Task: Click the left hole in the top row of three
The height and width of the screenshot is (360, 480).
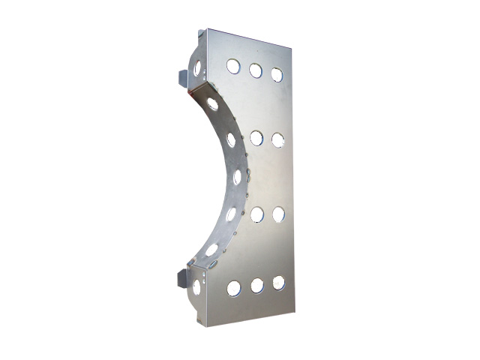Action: click(233, 67)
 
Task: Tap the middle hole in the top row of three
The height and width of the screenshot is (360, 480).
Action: click(256, 70)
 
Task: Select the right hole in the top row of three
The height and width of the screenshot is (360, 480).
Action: click(277, 74)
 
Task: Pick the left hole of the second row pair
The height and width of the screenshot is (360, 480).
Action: click(256, 138)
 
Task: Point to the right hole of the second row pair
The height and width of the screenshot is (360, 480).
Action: click(278, 139)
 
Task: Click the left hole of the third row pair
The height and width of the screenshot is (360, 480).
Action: click(256, 214)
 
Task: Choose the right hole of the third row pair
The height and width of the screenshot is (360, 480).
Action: click(278, 214)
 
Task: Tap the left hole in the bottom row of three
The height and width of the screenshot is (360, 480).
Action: click(234, 287)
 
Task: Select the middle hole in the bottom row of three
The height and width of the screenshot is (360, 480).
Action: click(257, 286)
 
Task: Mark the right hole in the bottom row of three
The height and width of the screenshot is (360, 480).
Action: click(278, 283)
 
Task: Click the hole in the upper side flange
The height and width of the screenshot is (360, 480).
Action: click(198, 68)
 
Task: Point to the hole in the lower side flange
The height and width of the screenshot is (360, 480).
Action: click(196, 287)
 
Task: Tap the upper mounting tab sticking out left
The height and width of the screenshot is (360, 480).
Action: click(183, 77)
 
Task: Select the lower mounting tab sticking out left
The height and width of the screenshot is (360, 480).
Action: click(181, 278)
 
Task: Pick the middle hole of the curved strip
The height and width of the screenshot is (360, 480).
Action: click(237, 177)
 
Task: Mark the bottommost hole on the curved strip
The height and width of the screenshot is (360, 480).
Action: click(212, 250)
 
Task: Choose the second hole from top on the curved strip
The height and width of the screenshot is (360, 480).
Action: click(231, 139)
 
